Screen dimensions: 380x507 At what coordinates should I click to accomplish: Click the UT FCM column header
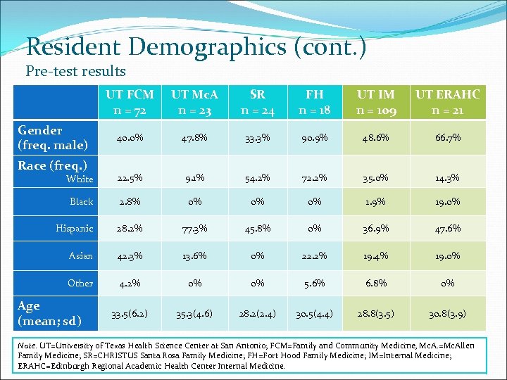tap(130, 102)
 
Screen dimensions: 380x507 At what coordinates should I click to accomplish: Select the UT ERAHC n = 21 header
tap(447, 102)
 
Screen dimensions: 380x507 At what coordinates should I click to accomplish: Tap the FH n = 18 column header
tap(315, 102)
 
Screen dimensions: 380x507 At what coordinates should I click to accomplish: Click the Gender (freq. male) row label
tap(53, 138)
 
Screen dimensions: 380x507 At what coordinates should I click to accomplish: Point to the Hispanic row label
tap(75, 229)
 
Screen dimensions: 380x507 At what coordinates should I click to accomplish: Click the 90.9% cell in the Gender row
tap(315, 138)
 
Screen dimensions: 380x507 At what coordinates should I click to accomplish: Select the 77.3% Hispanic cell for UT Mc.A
tap(194, 229)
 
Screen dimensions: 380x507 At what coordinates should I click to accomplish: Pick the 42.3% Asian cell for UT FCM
tap(130, 256)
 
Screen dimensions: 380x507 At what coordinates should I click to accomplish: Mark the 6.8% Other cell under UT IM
tap(376, 284)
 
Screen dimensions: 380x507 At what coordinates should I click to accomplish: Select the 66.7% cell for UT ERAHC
tap(447, 138)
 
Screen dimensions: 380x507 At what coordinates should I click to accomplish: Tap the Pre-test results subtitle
tap(75, 71)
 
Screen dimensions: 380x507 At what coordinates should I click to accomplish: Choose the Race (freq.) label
tap(52, 166)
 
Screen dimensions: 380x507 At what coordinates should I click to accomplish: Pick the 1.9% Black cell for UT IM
tap(376, 201)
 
